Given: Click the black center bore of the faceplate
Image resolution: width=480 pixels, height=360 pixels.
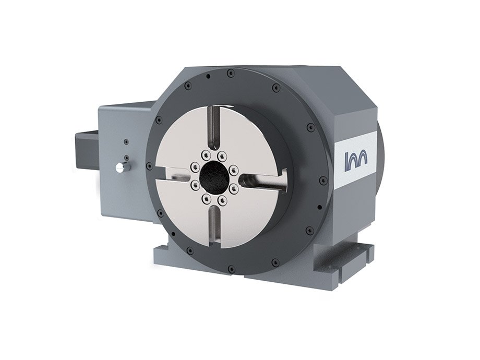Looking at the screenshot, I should pos(214,177).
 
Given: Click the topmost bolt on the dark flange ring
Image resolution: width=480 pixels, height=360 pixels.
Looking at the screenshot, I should pos(230,75).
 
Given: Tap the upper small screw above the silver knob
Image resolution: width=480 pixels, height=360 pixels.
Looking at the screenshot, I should pos(126,141).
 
